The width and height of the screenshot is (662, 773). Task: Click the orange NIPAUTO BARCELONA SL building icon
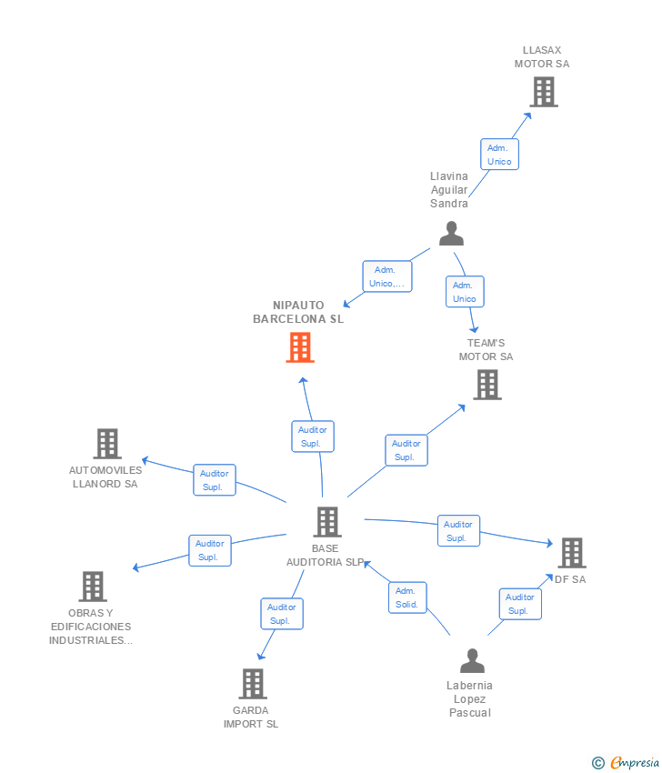point(300,347)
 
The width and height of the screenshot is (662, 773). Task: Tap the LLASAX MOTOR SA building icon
point(543,92)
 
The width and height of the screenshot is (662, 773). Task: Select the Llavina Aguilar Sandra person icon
point(451,234)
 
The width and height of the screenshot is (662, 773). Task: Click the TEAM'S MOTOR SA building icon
point(487,385)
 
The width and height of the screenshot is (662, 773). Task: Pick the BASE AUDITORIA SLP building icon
point(327,522)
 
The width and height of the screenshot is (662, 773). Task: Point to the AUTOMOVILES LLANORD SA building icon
point(107,444)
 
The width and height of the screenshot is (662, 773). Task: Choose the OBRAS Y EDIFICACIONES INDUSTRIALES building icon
point(92,587)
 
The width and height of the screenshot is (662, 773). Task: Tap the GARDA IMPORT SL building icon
point(252,684)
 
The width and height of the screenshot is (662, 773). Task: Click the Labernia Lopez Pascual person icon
point(472,661)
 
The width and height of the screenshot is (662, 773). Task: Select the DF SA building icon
point(571,553)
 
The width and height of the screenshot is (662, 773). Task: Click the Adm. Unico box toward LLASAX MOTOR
point(499,155)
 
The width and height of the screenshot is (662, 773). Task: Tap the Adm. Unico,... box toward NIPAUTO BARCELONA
point(387,276)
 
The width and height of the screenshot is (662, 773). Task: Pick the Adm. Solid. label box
point(406,597)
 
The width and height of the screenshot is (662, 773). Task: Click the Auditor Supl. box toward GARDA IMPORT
point(282,614)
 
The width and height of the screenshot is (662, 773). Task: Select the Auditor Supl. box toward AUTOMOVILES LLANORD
point(215,480)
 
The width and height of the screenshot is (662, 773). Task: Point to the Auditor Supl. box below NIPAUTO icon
point(313,437)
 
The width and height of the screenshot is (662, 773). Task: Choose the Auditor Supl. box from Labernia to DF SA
point(520,604)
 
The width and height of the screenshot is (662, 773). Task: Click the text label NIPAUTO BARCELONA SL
point(298,312)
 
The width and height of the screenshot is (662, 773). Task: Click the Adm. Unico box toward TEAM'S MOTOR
point(465,292)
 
